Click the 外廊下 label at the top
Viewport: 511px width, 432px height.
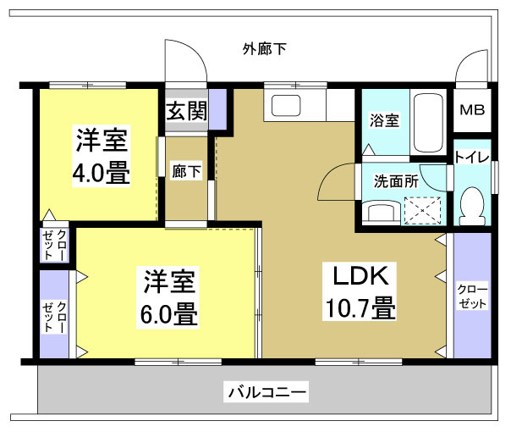pyautogui.click(x=264, y=48)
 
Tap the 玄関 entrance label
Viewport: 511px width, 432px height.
pyautogui.click(x=185, y=111)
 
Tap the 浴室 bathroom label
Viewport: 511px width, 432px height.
pyautogui.click(x=384, y=120)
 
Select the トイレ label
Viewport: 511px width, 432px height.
pyautogui.click(x=470, y=157)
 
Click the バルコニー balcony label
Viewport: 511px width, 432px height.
pyautogui.click(x=266, y=393)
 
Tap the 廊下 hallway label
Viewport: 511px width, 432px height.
pyautogui.click(x=186, y=170)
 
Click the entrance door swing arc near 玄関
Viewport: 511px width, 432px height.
pyautogui.click(x=184, y=62)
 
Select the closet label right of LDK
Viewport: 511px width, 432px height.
pyautogui.click(x=471, y=296)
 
